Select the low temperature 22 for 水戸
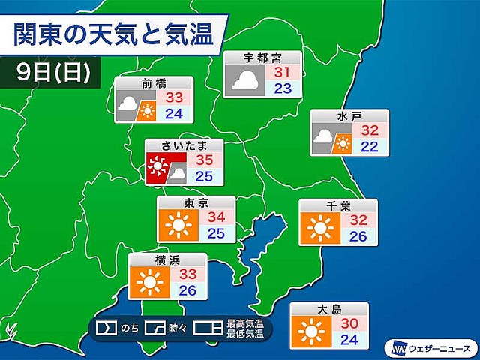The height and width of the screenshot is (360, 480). pos(370,147)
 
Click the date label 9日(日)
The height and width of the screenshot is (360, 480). pos(54,72)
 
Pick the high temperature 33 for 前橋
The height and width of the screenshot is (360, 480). pos(175,97)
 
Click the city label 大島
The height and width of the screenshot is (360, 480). pos(331,308)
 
